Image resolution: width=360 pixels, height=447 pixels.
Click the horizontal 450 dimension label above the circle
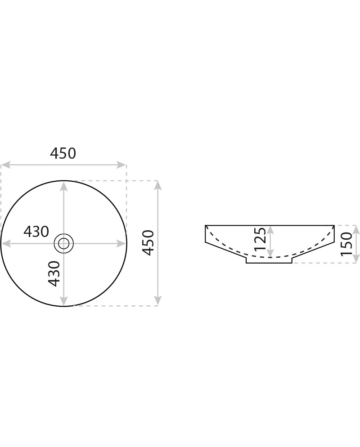pyautogui.click(x=63, y=153)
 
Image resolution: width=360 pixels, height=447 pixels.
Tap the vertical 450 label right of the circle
pyautogui.click(x=148, y=242)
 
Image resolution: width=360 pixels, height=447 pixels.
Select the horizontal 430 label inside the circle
pyautogui.click(x=36, y=232)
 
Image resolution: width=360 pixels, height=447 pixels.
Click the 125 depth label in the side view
pyautogui.click(x=260, y=239)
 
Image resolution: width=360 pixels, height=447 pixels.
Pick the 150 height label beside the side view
pyautogui.click(x=347, y=244)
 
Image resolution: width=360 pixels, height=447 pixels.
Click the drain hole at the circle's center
pyautogui.click(x=63, y=243)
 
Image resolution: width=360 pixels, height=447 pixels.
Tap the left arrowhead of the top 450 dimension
pyautogui.click(x=6, y=165)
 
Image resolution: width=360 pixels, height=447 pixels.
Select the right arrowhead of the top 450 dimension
pyautogui.click(x=121, y=165)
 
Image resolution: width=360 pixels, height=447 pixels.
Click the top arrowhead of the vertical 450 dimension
pyautogui.click(x=158, y=186)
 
